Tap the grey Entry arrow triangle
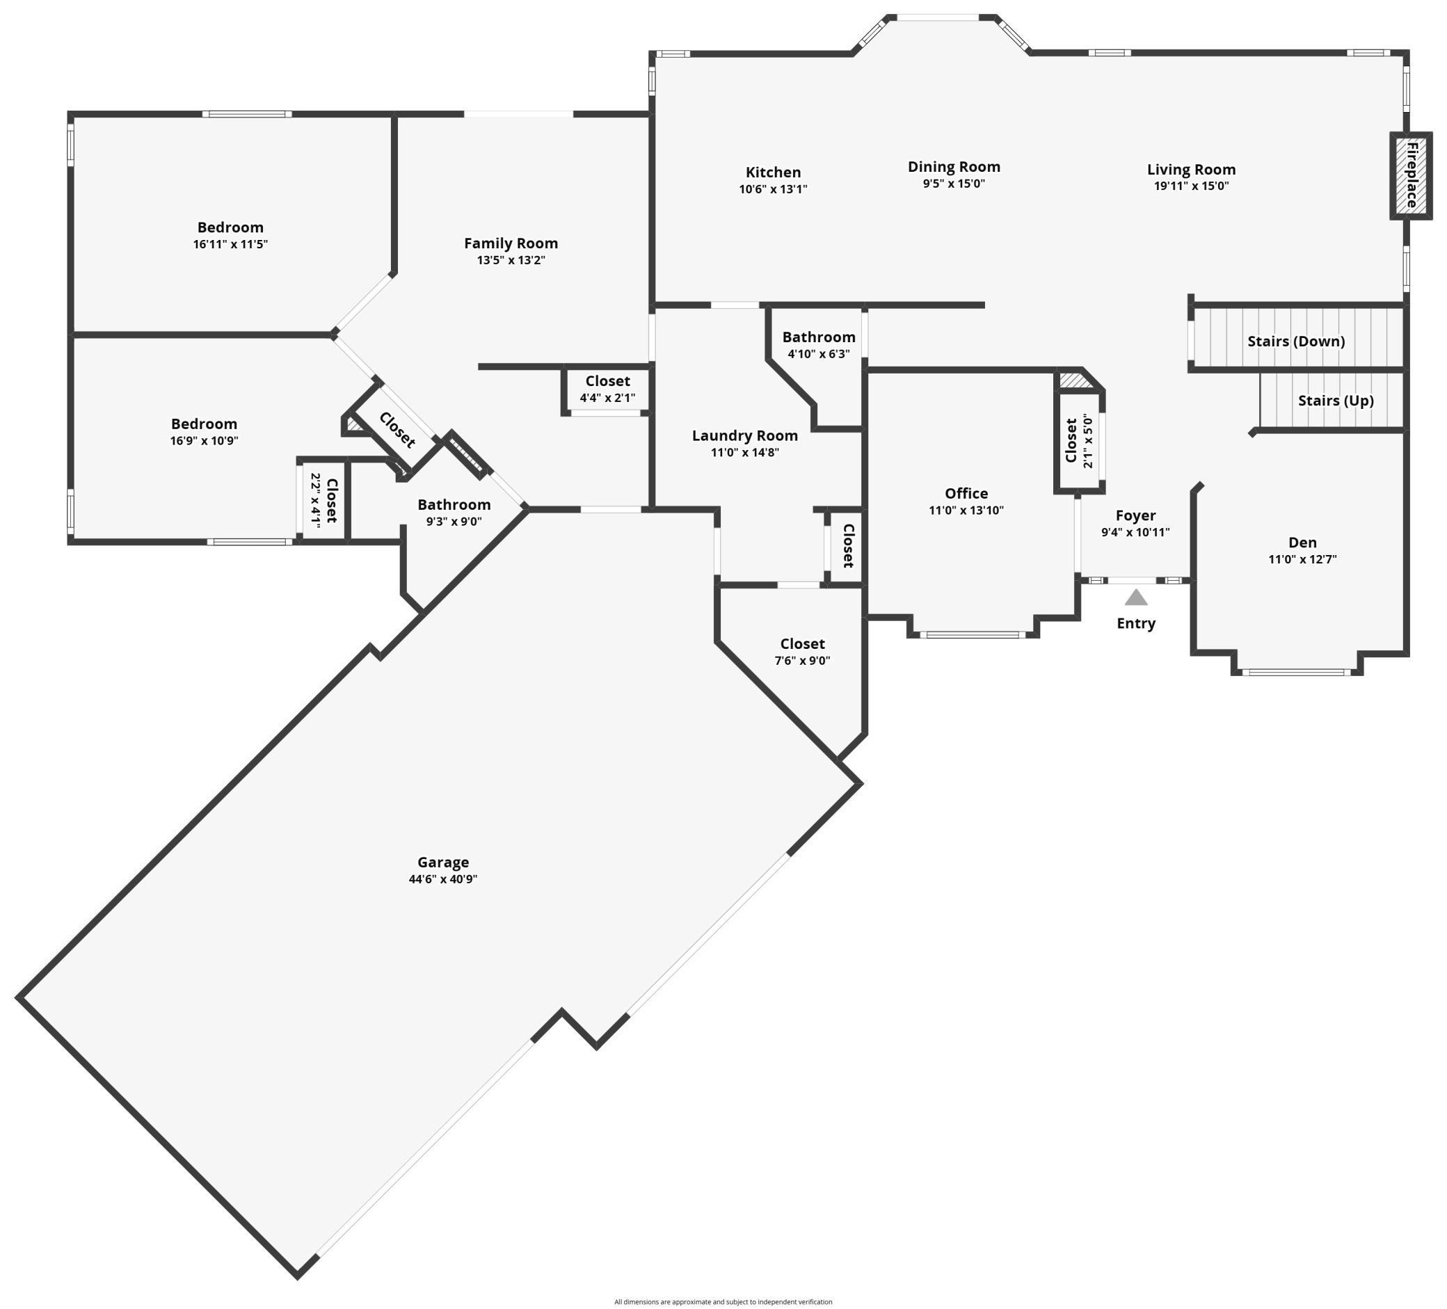click(x=1135, y=597)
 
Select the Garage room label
click(x=443, y=862)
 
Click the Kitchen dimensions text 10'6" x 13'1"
click(x=773, y=189)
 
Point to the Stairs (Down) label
click(x=1295, y=341)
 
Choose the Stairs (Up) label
click(x=1335, y=401)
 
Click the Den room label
click(x=1302, y=543)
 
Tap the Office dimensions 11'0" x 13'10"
click(x=966, y=511)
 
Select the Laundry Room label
click(x=744, y=435)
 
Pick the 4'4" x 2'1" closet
click(x=607, y=389)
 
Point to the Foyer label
click(x=1135, y=515)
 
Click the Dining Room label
click(x=954, y=166)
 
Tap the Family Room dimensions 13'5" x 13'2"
click(x=511, y=260)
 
